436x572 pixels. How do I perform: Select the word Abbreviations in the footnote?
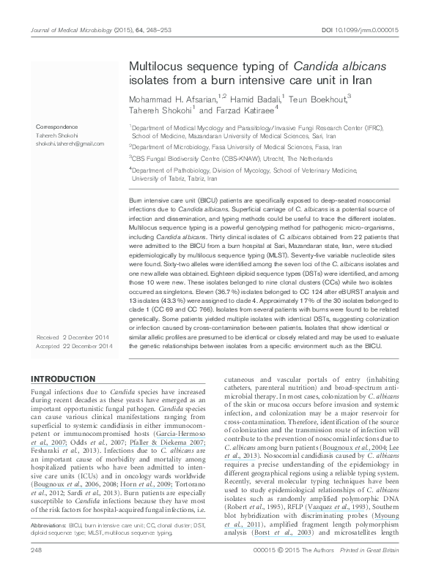(x=48, y=524)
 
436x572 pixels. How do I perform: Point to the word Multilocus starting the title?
(x=153, y=64)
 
